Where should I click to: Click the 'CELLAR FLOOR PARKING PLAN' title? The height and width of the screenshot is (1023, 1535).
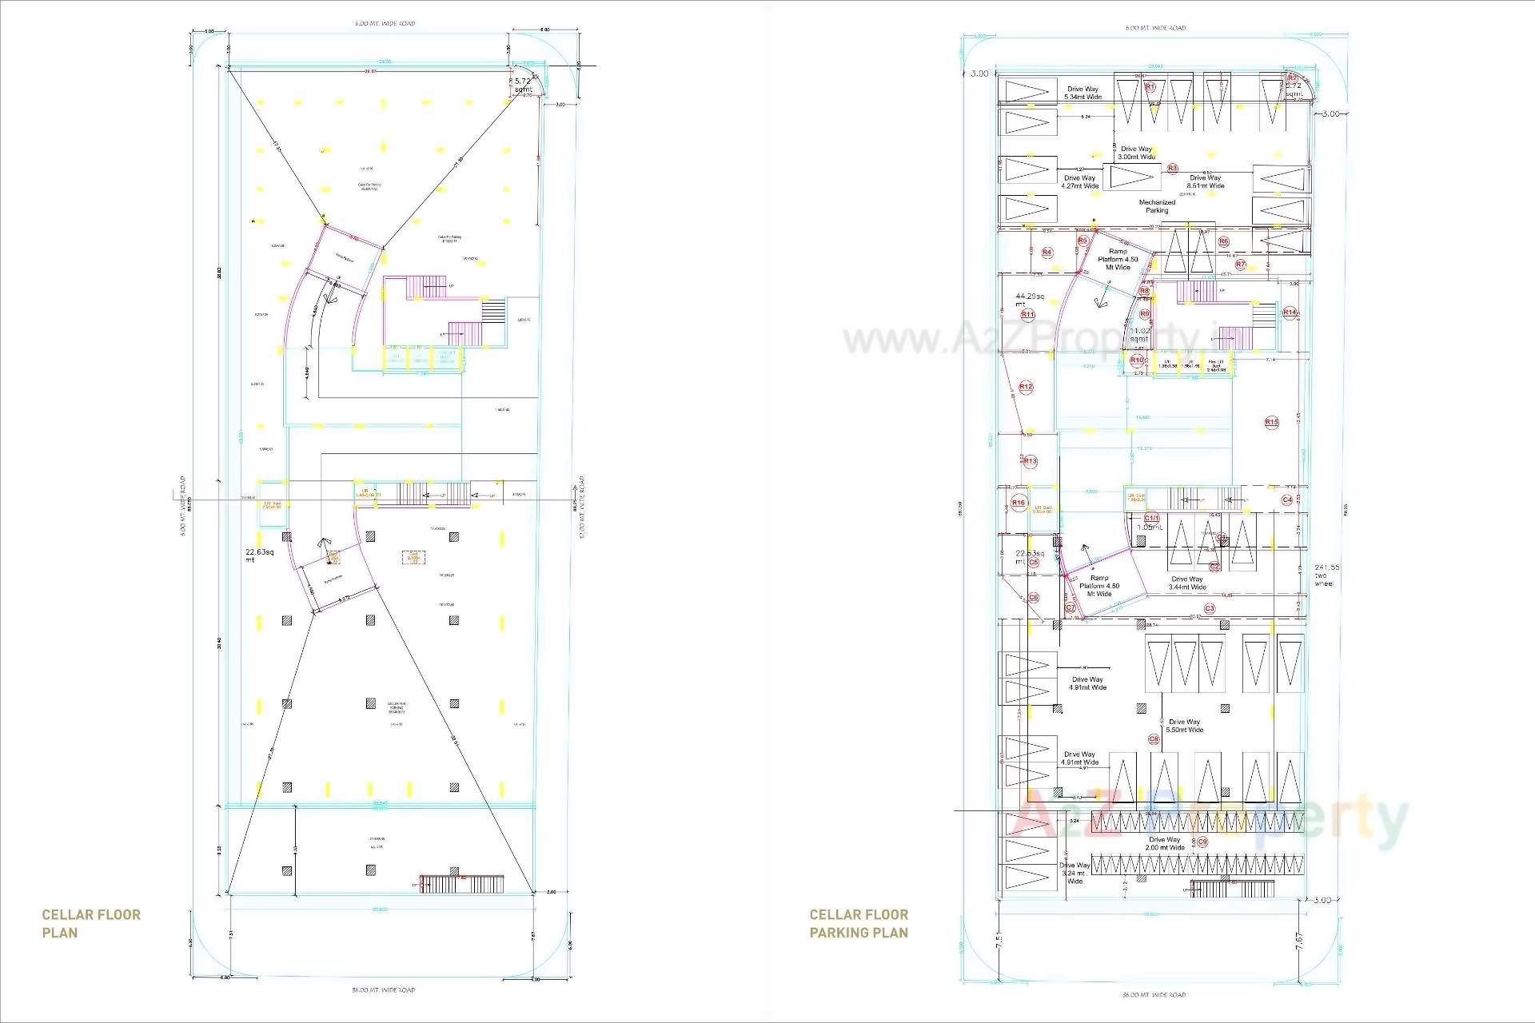pyautogui.click(x=859, y=923)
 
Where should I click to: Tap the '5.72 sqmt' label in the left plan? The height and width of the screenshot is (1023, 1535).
pyautogui.click(x=523, y=86)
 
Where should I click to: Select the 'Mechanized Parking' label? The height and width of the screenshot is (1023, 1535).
pyautogui.click(x=1157, y=206)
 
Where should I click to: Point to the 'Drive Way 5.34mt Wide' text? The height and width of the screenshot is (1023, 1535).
pyautogui.click(x=1082, y=94)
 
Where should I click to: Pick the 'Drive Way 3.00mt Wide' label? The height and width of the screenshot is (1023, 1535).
pyautogui.click(x=1136, y=153)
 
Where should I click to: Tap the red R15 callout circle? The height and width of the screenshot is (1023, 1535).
pyautogui.click(x=1271, y=422)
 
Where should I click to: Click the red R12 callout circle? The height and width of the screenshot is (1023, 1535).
pyautogui.click(x=1026, y=387)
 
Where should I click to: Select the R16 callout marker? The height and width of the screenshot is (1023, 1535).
pyautogui.click(x=1019, y=503)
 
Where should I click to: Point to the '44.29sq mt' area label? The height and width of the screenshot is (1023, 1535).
pyautogui.click(x=1030, y=300)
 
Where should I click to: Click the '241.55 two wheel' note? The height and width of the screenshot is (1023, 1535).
pyautogui.click(x=1326, y=575)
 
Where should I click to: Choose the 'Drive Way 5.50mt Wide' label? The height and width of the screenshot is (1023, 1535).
pyautogui.click(x=1184, y=726)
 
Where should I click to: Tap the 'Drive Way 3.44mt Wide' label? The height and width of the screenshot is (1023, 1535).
pyautogui.click(x=1186, y=583)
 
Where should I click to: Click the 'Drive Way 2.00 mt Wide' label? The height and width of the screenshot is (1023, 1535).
pyautogui.click(x=1164, y=843)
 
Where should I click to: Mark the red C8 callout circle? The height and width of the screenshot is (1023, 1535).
pyautogui.click(x=1154, y=739)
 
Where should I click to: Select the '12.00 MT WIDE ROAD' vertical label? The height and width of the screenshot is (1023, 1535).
pyautogui.click(x=582, y=507)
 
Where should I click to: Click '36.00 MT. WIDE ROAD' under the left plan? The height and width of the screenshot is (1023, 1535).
pyautogui.click(x=384, y=990)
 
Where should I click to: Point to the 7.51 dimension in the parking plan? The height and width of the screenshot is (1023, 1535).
pyautogui.click(x=999, y=941)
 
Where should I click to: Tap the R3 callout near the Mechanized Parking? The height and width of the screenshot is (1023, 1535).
pyautogui.click(x=1172, y=169)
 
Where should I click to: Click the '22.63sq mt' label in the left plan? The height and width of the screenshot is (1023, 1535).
pyautogui.click(x=259, y=555)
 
